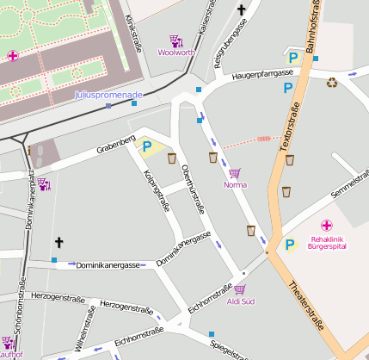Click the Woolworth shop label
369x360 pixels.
pos(176,53)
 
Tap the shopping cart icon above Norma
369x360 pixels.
pos(235,173)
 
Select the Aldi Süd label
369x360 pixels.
pos(240,301)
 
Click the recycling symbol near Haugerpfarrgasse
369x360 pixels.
pos(332,83)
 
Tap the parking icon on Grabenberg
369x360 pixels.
pos(147,146)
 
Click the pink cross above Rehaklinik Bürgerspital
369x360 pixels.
pos(326,225)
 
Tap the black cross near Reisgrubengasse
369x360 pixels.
pos(242,10)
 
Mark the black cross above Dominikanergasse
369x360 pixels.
pos(59,243)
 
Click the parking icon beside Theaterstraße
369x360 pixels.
pos(290,245)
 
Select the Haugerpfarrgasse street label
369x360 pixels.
pos(261,76)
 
